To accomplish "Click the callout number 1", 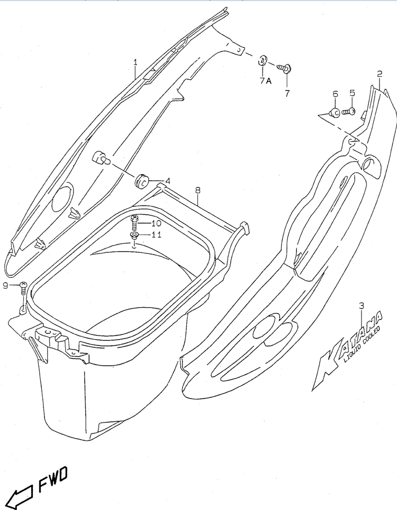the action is (x=136, y=62).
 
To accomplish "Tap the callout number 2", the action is (x=380, y=74).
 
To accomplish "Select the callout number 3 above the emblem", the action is (x=361, y=305).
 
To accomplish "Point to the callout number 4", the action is (x=168, y=181).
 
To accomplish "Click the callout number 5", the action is (x=352, y=93).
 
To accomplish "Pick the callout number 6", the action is (x=335, y=94).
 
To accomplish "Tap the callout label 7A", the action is (x=266, y=81).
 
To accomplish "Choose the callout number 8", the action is (x=198, y=190).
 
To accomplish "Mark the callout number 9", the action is (x=5, y=286).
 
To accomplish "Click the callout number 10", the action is (x=156, y=223).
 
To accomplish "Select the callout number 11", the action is (x=156, y=234).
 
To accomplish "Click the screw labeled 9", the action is (x=23, y=288).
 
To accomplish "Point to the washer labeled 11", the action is (x=133, y=235).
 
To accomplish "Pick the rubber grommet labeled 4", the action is (x=141, y=181).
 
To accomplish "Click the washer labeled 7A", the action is (x=262, y=61).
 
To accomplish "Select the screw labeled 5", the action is (x=348, y=112).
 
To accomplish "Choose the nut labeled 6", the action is (x=335, y=113).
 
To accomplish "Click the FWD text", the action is (x=53, y=478).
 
